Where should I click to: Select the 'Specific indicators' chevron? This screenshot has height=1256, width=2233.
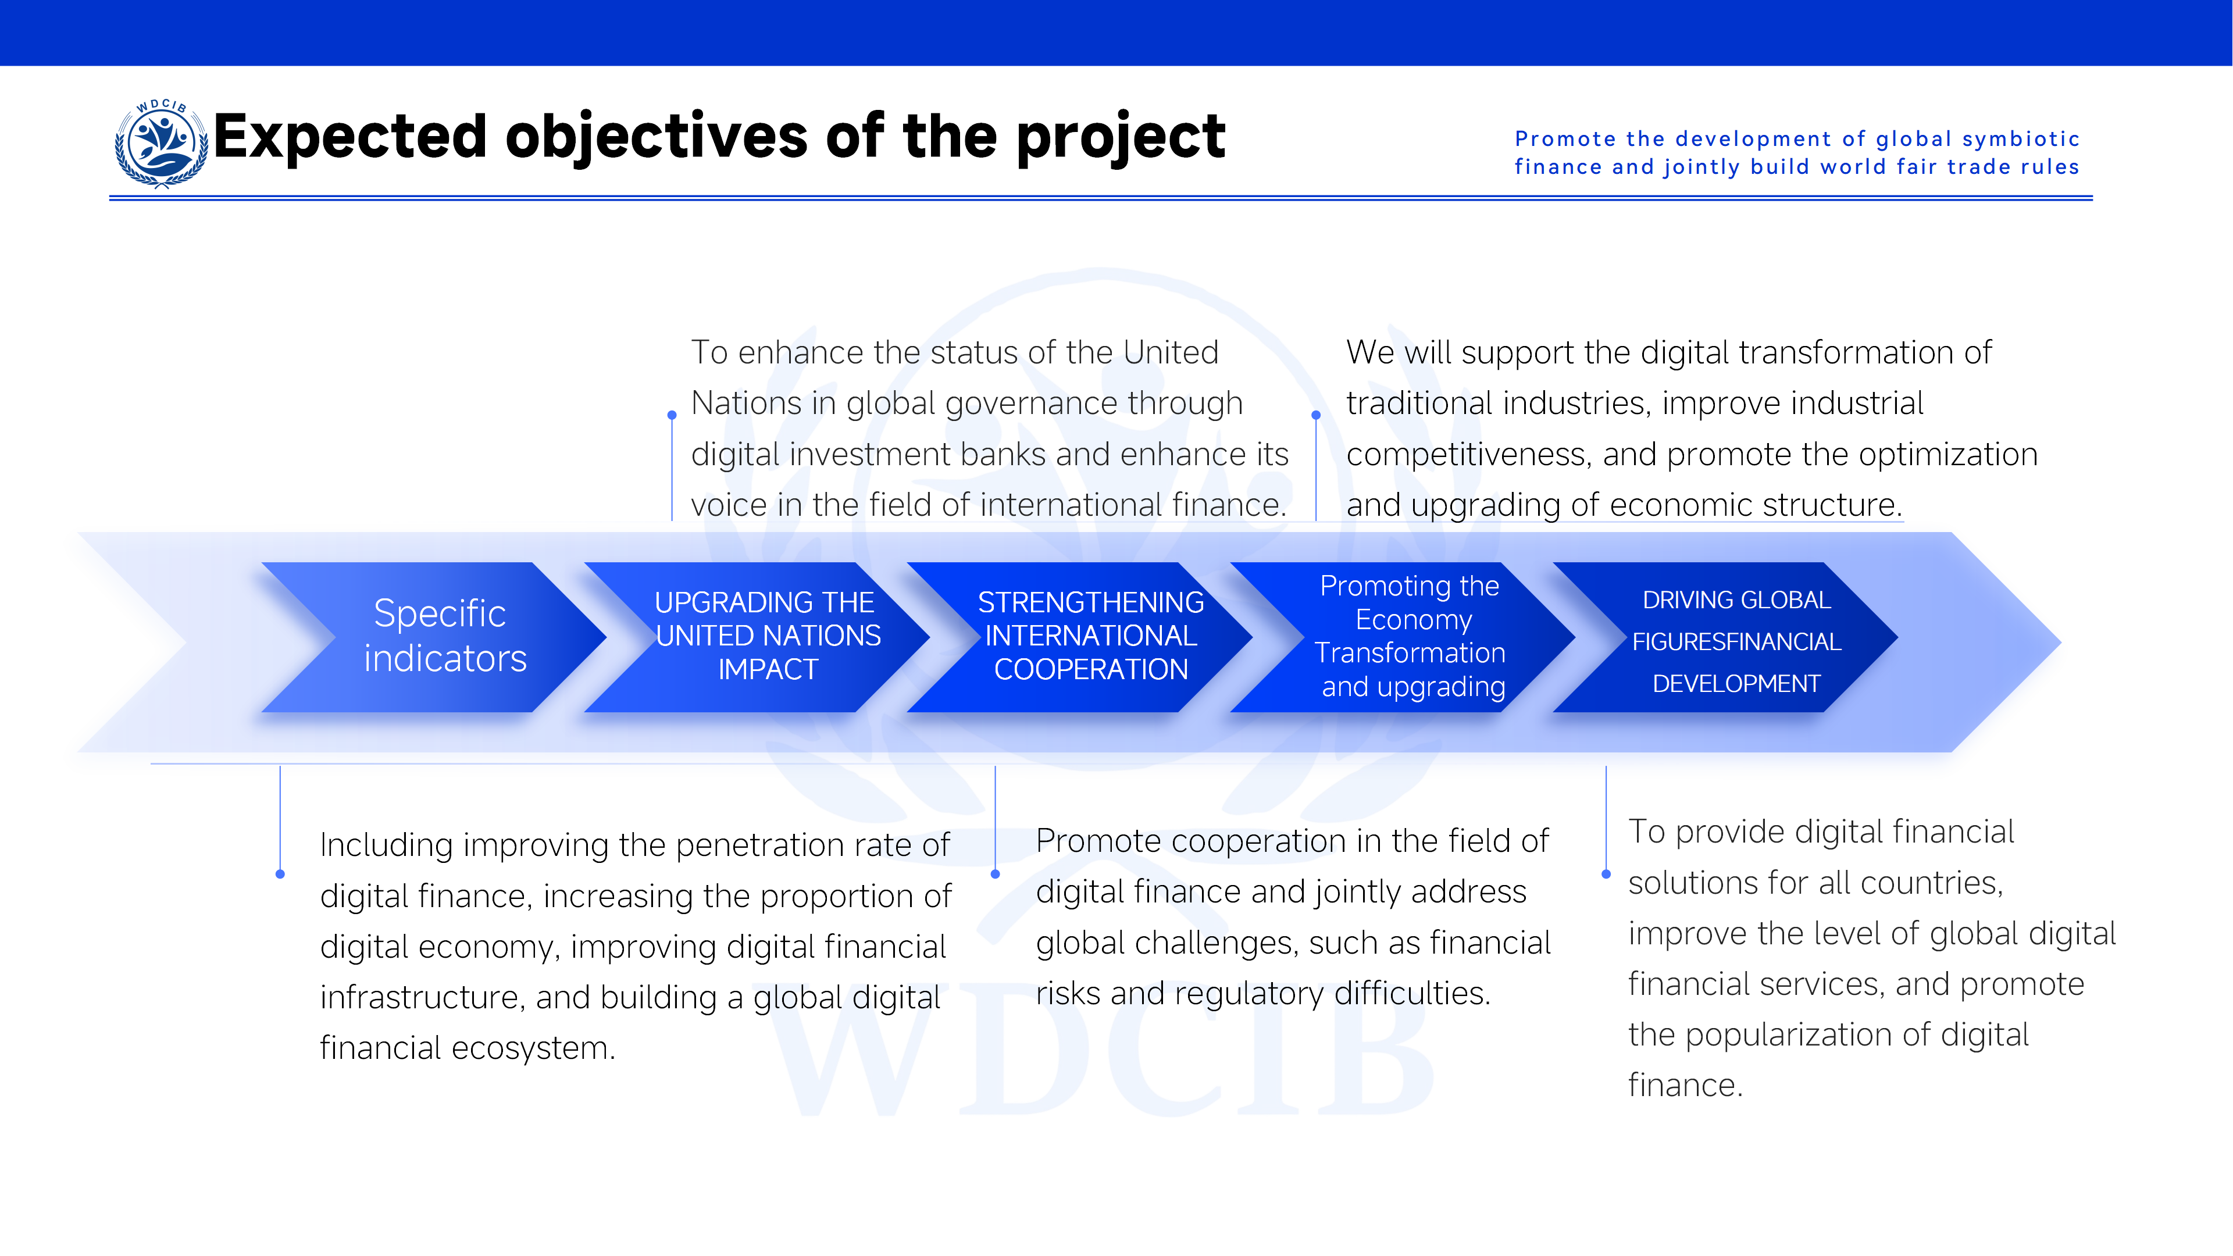(x=433, y=637)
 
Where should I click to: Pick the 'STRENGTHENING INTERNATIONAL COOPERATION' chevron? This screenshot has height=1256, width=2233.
(x=1080, y=637)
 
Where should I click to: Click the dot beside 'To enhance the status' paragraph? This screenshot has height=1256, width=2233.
(x=672, y=415)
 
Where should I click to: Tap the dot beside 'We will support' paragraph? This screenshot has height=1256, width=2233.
(x=1316, y=415)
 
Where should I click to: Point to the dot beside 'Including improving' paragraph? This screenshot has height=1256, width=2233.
(x=280, y=875)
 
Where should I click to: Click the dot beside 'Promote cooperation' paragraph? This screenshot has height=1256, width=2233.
(x=995, y=875)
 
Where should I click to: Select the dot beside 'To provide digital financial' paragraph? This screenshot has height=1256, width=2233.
(x=1606, y=875)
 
